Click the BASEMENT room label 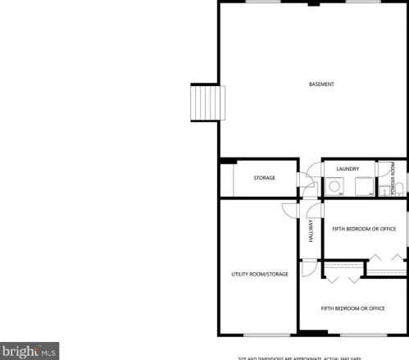click(321, 84)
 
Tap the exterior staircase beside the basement click(204, 102)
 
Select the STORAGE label click(264, 178)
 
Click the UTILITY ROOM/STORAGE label click(259, 274)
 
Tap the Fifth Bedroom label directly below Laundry click(364, 229)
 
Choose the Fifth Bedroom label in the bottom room click(352, 308)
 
